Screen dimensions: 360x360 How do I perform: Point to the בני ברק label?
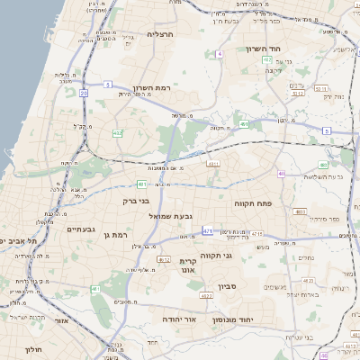coord(134,201)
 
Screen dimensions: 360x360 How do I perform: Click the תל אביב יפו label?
coord(20,241)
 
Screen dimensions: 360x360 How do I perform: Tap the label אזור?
coord(60,319)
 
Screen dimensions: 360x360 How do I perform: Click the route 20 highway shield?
coord(84,92)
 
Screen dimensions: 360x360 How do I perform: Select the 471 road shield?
coord(208,232)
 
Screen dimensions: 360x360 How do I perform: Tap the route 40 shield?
coord(282,174)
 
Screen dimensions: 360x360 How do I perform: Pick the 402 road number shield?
coord(118,133)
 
